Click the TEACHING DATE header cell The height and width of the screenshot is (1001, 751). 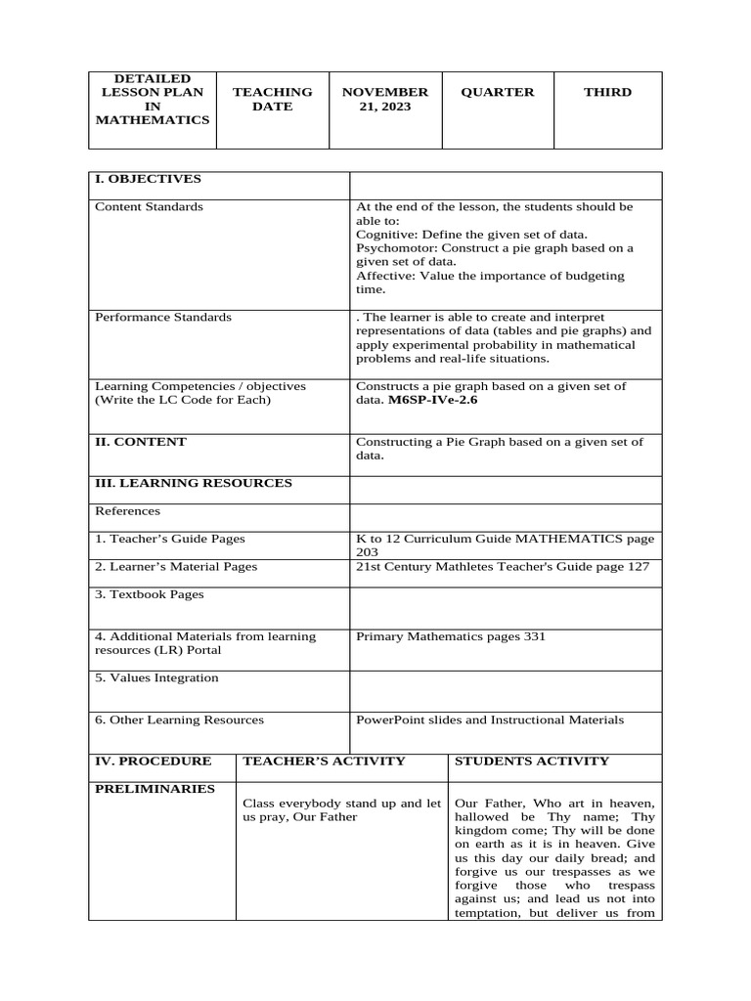(x=272, y=99)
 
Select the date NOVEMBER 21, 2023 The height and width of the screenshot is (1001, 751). (x=384, y=99)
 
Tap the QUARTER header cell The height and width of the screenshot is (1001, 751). (x=498, y=92)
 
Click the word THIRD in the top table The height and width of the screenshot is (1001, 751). (x=607, y=92)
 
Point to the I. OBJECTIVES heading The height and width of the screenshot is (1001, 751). (x=148, y=179)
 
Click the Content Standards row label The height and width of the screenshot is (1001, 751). (x=149, y=206)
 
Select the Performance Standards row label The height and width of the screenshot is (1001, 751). (x=163, y=317)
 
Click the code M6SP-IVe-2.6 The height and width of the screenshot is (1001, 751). (x=432, y=400)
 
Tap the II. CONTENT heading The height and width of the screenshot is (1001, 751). (x=141, y=442)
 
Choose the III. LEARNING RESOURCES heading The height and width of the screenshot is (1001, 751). (x=193, y=483)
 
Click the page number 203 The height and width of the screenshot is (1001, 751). (x=367, y=552)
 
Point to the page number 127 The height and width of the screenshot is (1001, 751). (x=637, y=567)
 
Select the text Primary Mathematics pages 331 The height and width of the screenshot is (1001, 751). (x=451, y=636)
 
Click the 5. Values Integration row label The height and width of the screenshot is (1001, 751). (x=156, y=677)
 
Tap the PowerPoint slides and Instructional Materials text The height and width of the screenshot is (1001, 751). (x=489, y=719)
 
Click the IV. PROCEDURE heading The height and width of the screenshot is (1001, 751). (x=153, y=761)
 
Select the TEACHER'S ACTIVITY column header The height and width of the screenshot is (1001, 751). (x=324, y=761)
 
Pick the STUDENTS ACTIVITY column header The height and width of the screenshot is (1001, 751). (x=532, y=761)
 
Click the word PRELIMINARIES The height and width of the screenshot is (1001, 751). (x=155, y=789)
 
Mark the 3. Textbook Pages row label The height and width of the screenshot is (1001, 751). (x=150, y=594)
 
